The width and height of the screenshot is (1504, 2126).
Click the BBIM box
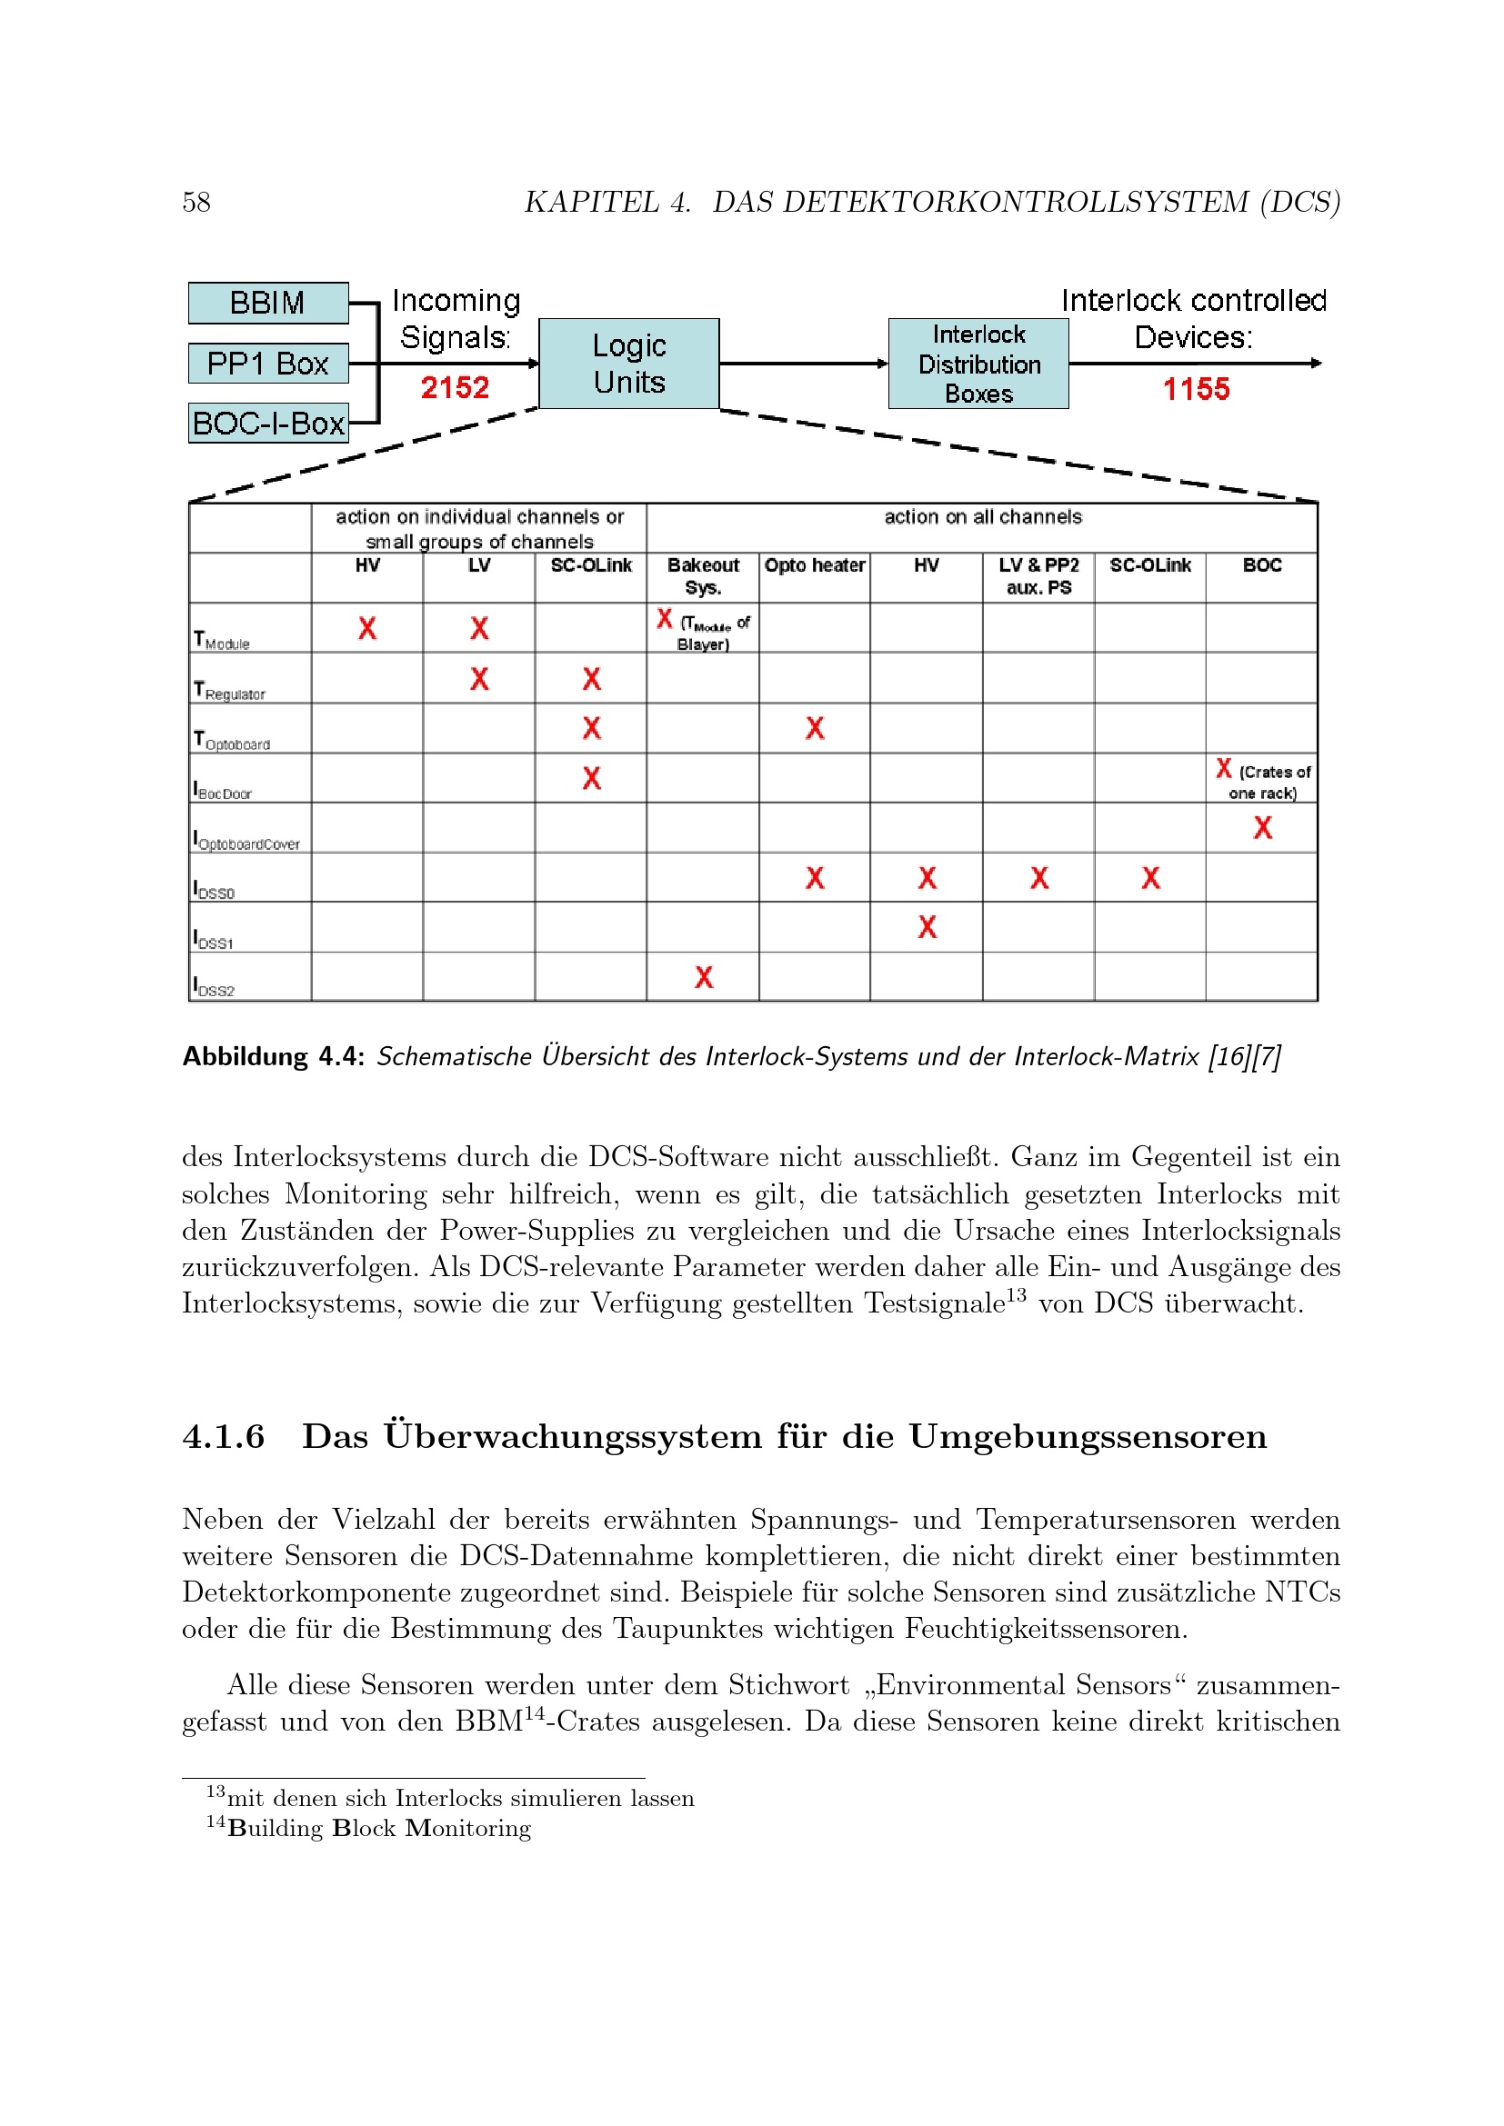pos(267,303)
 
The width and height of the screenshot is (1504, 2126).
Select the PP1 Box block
pos(267,363)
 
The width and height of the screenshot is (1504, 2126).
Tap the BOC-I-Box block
pos(267,424)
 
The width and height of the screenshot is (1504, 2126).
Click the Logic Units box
pos(629,363)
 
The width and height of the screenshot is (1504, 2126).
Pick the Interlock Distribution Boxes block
pos(978,363)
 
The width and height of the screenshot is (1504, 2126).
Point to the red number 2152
pos(455,387)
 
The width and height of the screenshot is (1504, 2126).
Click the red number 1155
pos(1196,389)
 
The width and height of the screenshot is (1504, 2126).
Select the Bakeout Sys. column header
pos(703,576)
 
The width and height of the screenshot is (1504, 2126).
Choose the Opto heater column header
pos(814,565)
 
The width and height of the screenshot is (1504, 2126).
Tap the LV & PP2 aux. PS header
pos(1038,576)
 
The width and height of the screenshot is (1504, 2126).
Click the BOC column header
pos(1261,565)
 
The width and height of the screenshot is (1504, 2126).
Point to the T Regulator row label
pos(230,691)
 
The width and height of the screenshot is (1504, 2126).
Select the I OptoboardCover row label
pos(246,841)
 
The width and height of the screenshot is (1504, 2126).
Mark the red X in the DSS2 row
pos(704,977)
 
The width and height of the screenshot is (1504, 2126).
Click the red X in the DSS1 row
pos(927,927)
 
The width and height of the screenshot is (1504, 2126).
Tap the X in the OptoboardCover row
pos(1262,828)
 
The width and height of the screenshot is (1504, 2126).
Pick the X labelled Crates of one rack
pos(1224,769)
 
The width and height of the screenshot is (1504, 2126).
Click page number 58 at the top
pos(196,202)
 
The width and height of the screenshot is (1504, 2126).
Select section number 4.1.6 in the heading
pos(223,1436)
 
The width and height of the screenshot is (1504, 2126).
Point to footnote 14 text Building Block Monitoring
pos(379,1828)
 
